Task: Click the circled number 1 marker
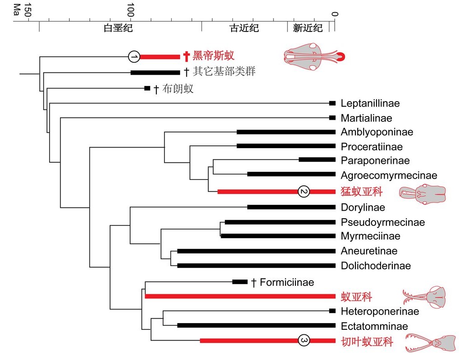point(134,56)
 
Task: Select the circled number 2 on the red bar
point(304,191)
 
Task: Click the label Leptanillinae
point(370,103)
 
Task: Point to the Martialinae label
point(366,118)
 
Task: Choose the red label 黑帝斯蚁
point(214,56)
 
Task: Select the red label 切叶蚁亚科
point(367,342)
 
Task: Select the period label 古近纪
point(244,28)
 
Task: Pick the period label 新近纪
point(308,28)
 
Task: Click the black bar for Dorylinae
point(291,207)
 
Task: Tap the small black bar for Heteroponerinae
point(332,311)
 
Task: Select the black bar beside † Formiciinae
point(240,282)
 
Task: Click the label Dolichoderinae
point(376,265)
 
